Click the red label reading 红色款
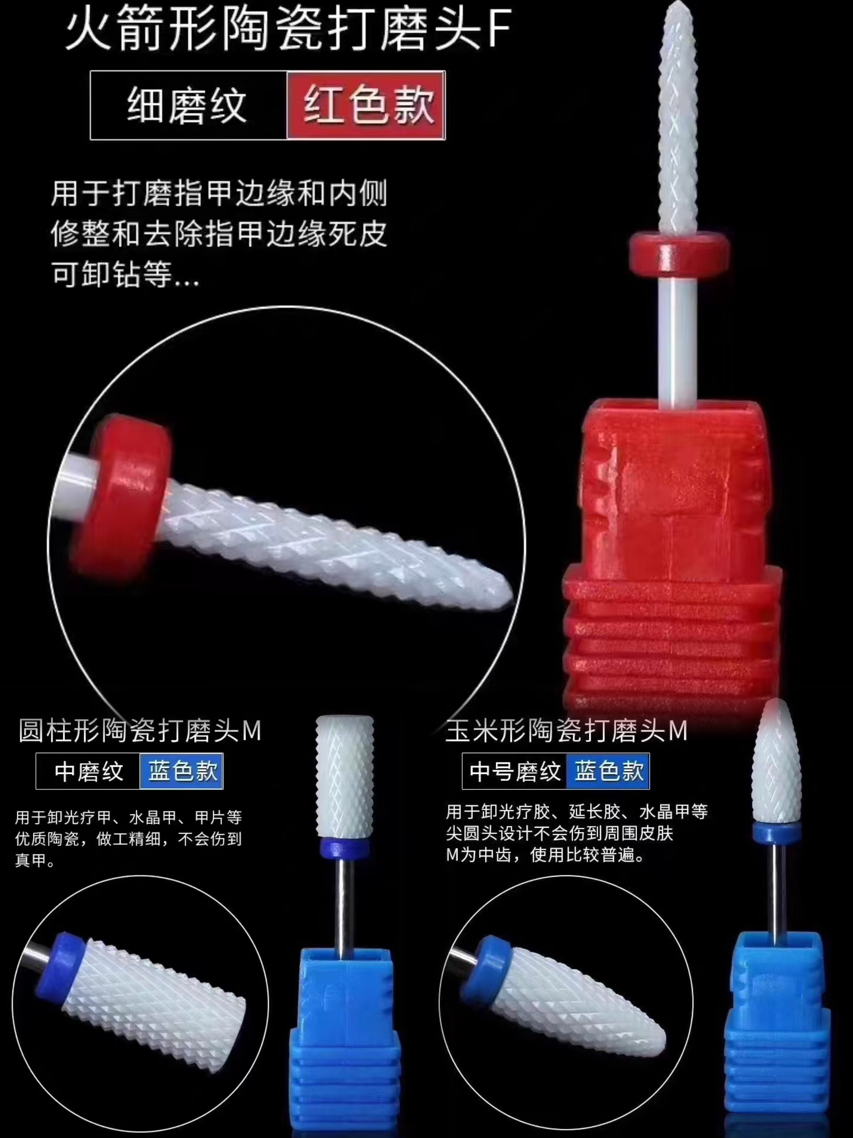pos(366,105)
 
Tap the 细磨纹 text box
pos(188,105)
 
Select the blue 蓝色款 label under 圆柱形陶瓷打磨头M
pos(182,771)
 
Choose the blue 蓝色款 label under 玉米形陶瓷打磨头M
pos(608,771)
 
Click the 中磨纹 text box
pos(88,771)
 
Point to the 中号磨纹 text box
pos(514,771)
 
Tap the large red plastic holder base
pos(671,553)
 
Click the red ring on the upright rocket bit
pos(679,253)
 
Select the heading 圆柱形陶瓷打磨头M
pos(140,730)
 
